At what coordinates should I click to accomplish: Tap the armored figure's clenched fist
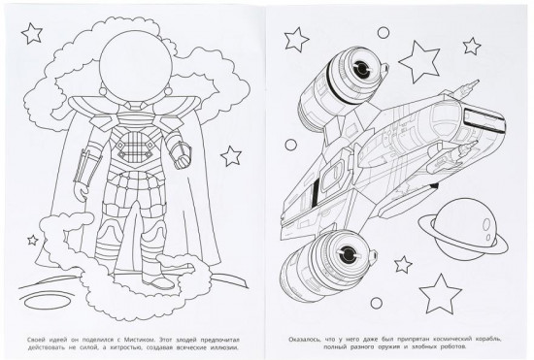point(183,160)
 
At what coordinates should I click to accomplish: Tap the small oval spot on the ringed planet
point(486,224)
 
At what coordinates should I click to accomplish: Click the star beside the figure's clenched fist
point(231,156)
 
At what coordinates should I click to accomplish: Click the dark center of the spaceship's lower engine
point(348,253)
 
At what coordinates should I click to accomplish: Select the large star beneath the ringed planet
point(441,293)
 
